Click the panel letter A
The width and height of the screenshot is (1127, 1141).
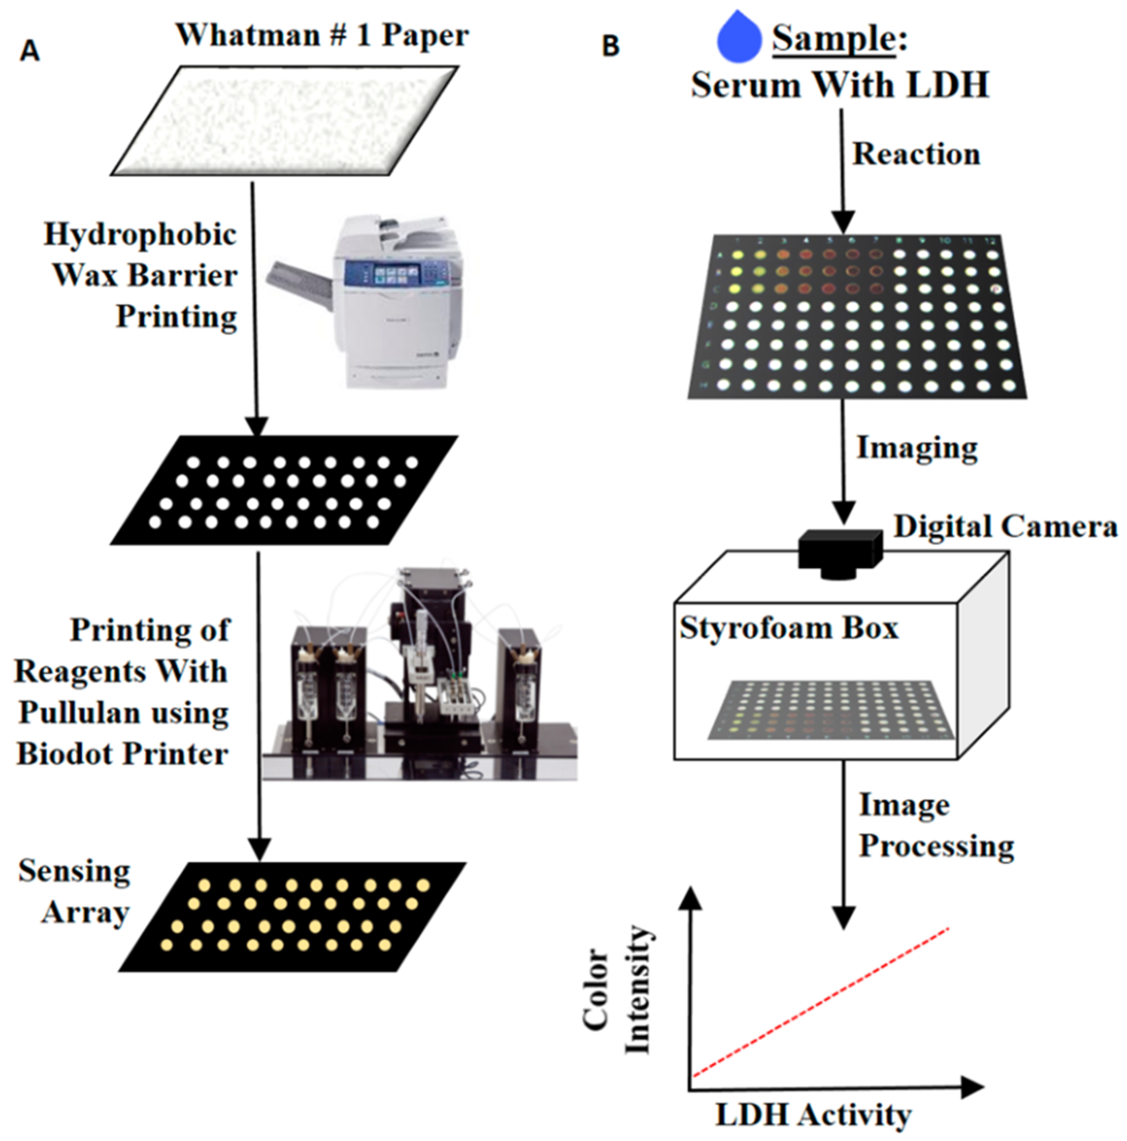29,52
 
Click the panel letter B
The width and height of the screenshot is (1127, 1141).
610,46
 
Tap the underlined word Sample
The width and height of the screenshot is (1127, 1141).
833,39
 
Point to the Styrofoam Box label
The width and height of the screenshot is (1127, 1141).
788,628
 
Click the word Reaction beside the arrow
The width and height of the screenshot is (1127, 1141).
916,155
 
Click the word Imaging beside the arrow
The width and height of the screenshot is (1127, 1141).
916,448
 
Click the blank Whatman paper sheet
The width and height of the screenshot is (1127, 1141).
284,120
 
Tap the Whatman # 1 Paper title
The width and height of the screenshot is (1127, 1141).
322,36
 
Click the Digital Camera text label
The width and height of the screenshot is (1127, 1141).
1005,526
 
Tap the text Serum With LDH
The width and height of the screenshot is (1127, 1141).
840,85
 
